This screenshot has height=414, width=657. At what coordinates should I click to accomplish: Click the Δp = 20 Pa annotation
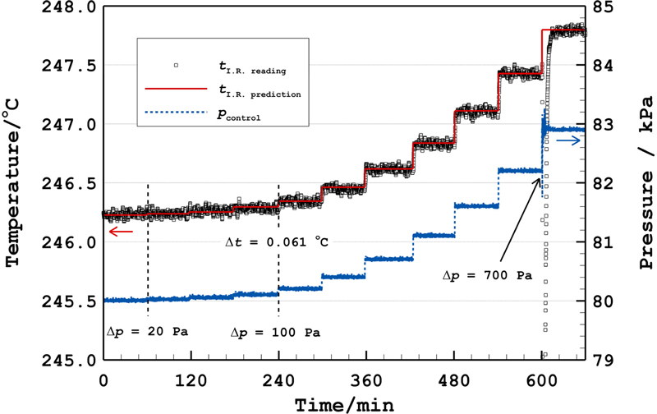click(x=148, y=332)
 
